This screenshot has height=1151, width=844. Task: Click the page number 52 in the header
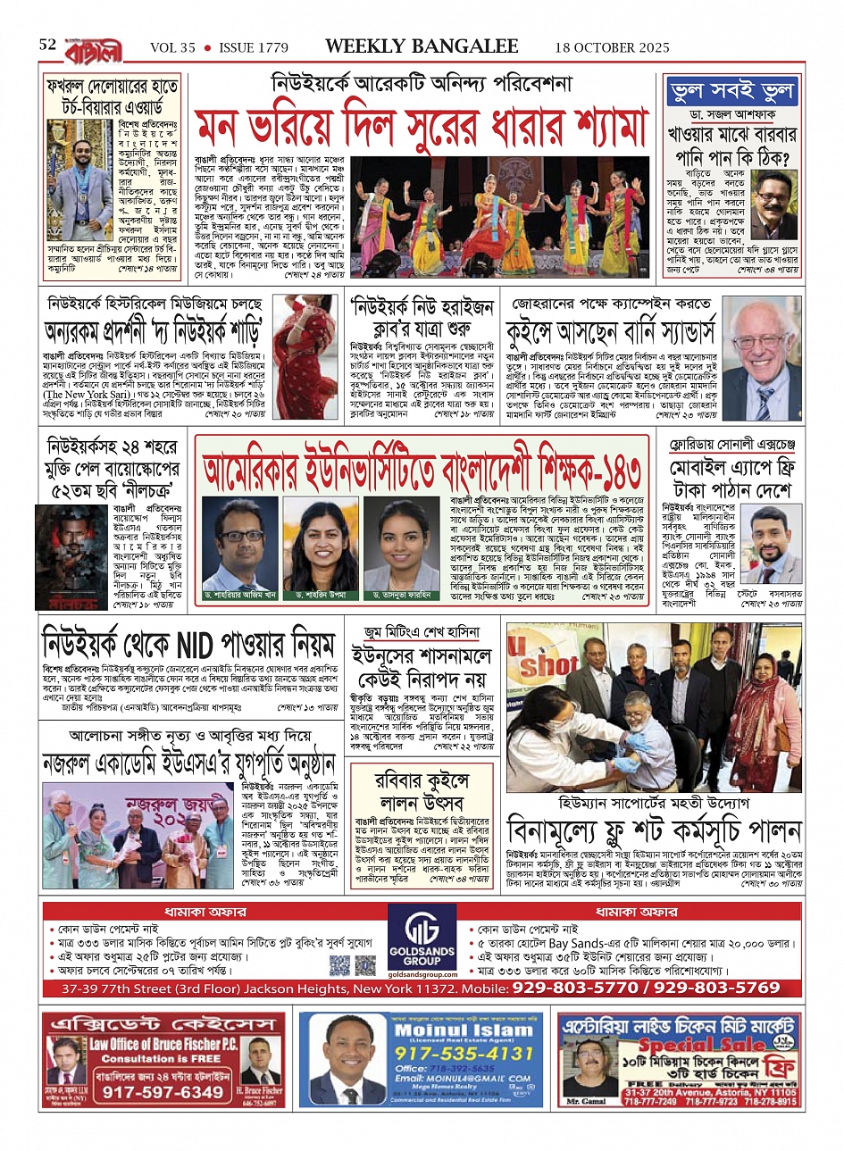[x=47, y=46]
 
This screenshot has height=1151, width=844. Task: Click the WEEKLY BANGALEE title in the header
[x=422, y=46]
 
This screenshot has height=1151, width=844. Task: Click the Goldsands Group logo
[x=422, y=938]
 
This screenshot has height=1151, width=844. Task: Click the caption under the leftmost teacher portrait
[x=239, y=595]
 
